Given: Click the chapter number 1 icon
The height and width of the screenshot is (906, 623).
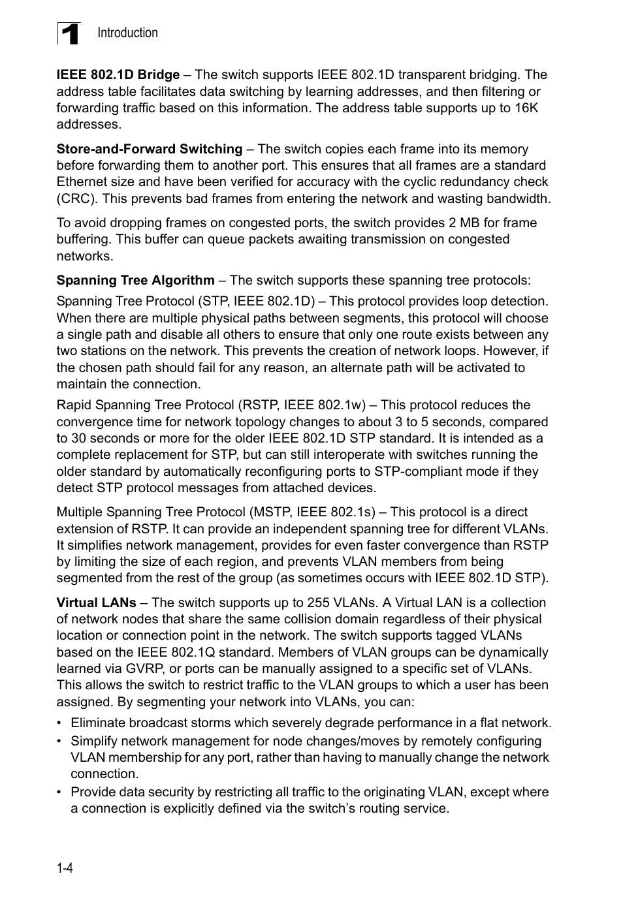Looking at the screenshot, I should (69, 33).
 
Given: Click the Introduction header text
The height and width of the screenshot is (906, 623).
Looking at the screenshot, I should (127, 33).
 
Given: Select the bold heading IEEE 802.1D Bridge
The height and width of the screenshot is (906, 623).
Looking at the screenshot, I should (118, 75).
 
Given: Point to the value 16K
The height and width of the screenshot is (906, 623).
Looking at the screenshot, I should (526, 108).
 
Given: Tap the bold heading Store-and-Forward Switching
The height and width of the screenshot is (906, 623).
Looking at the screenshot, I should (149, 149).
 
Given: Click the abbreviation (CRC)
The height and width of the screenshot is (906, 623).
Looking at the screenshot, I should (76, 198).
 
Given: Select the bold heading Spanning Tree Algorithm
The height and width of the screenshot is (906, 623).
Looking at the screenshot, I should (135, 281).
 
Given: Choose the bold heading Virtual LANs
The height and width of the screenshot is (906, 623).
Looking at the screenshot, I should (96, 603).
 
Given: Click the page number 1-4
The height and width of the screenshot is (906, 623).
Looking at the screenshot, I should (64, 868).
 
